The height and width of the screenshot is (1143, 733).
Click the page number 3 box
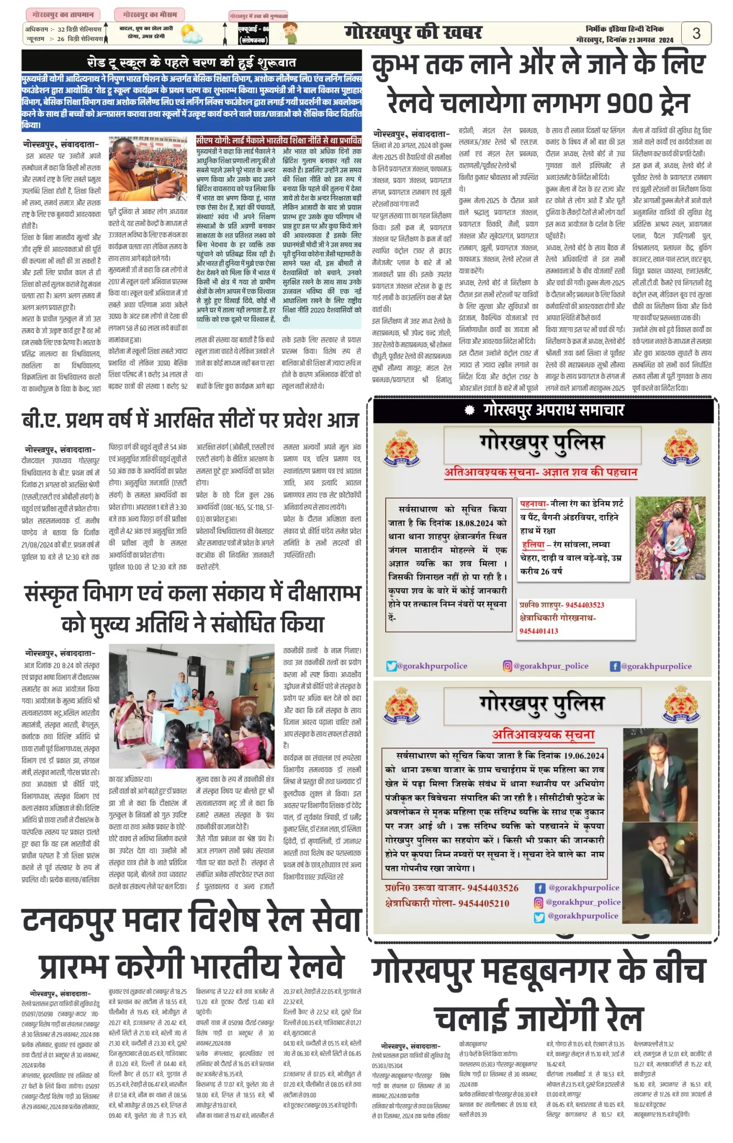click(696, 33)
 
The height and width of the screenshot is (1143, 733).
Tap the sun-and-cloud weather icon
click(191, 34)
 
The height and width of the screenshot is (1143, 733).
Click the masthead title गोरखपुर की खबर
click(413, 33)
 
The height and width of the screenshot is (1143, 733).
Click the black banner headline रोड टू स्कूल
click(192, 62)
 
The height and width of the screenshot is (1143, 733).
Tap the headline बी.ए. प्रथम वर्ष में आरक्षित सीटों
click(190, 420)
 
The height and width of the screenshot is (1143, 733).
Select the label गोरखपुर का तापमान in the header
click(63, 14)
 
